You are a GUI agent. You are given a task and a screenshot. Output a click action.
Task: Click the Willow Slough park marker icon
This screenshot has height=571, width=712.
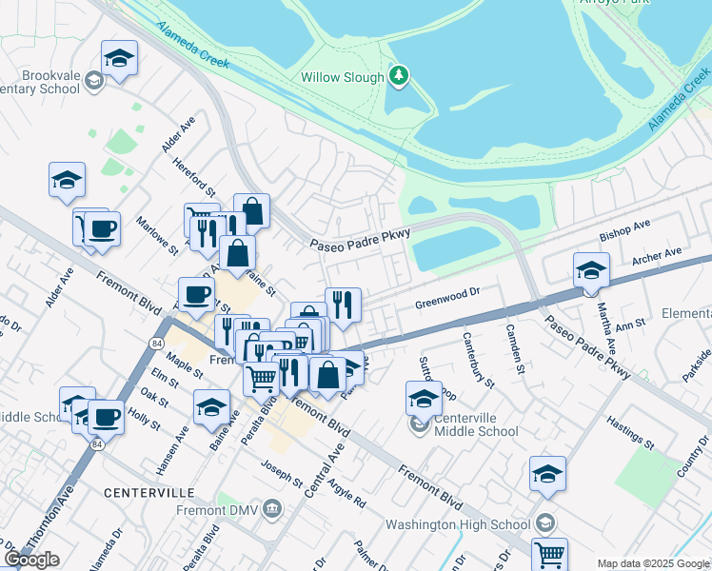coord(400,76)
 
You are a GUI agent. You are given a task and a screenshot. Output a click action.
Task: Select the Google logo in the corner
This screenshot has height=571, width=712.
coord(31,560)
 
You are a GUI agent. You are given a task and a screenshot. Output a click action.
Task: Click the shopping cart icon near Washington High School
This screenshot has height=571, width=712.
coord(549,553)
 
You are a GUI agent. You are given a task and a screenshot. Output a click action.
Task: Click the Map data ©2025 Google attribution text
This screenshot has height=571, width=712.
coord(653,563)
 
